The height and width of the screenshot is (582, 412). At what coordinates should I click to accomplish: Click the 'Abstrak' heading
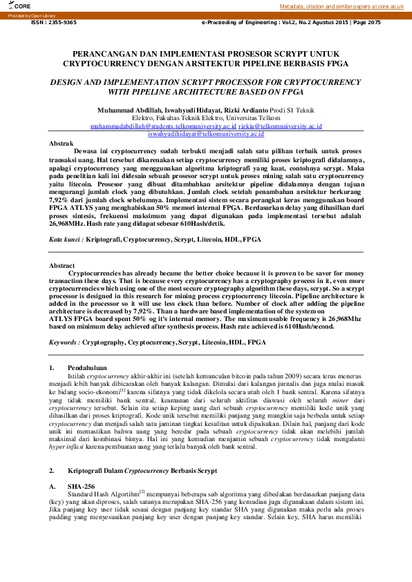(x=62, y=142)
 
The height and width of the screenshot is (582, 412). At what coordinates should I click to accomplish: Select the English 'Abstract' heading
(x=62, y=265)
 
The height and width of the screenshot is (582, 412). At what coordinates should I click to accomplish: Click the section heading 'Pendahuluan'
(x=86, y=368)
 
